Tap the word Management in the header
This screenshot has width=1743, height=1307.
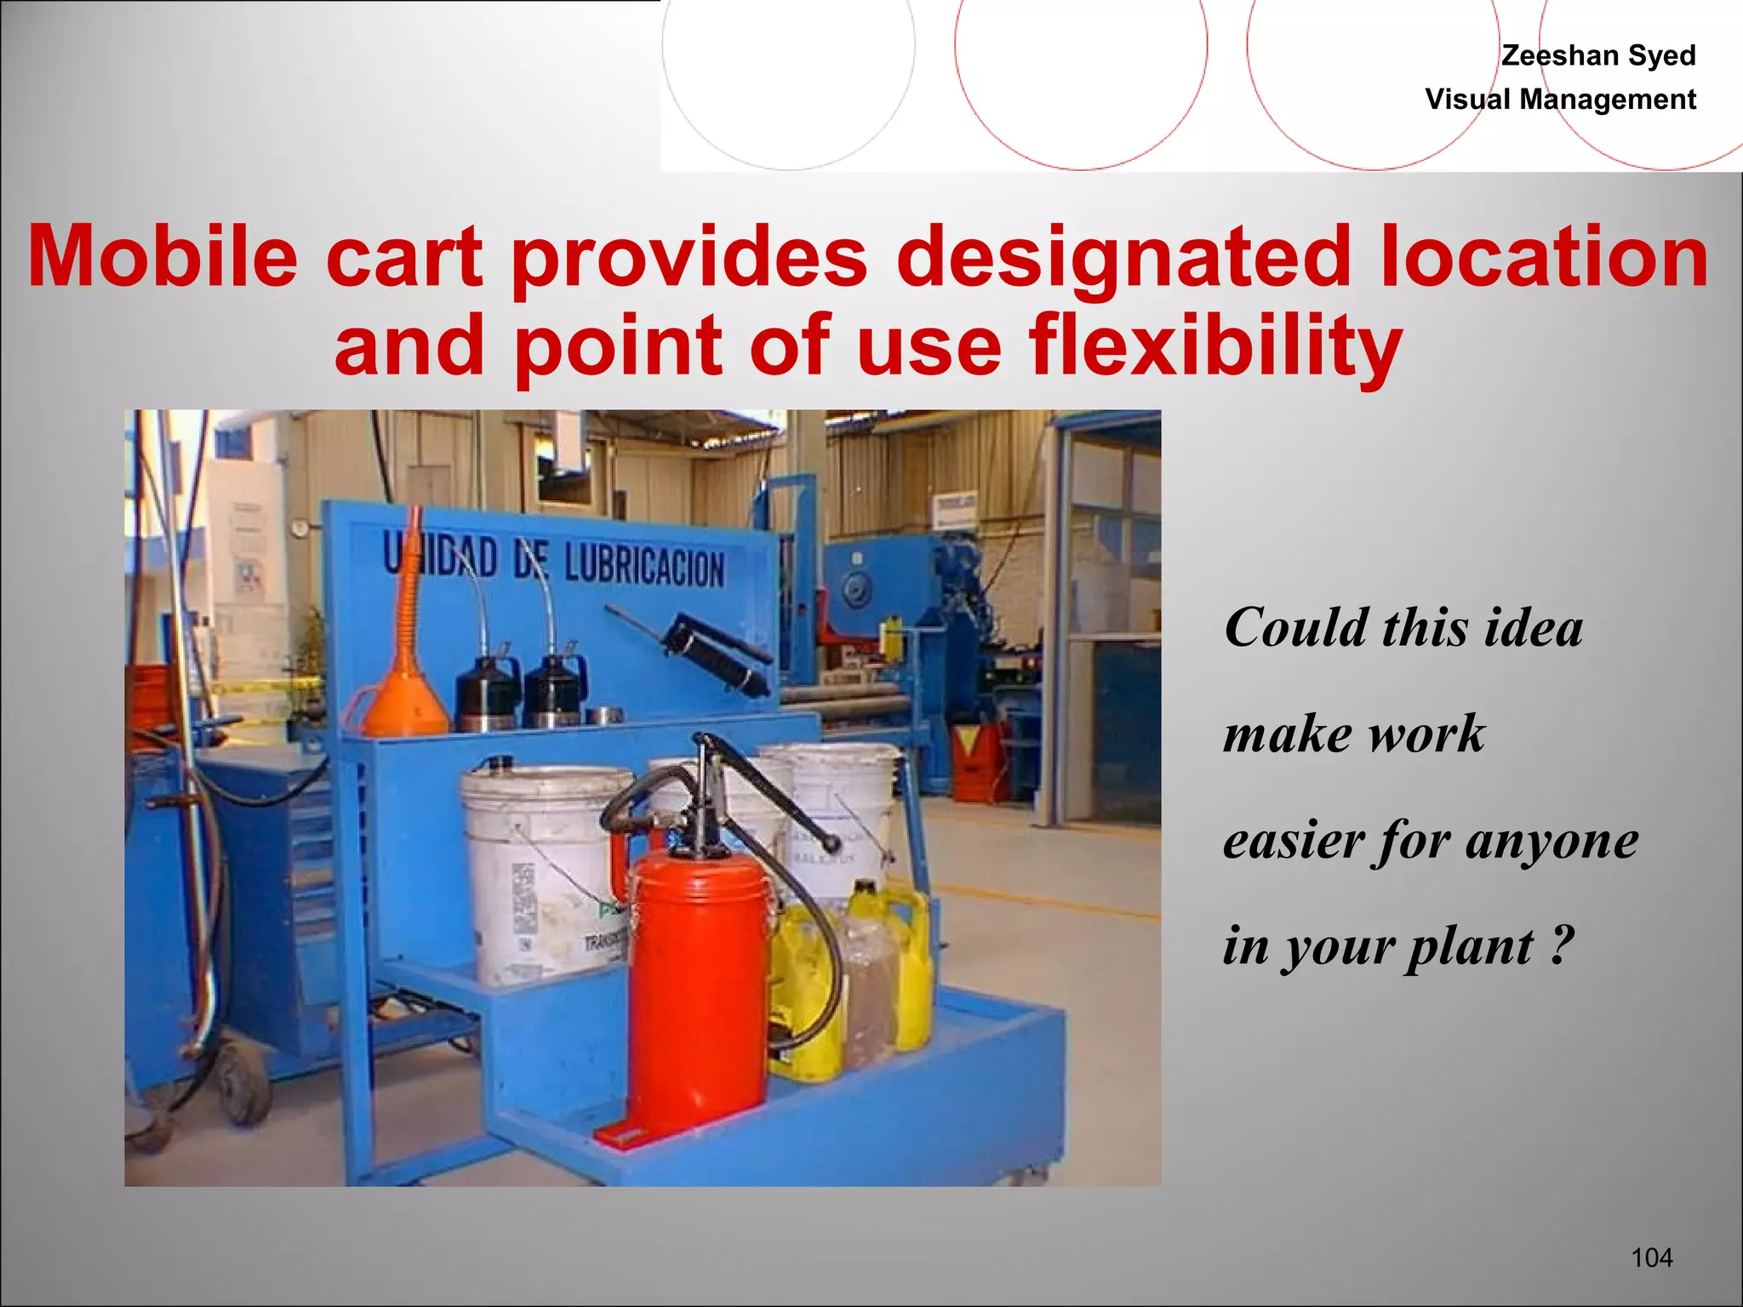tap(1608, 100)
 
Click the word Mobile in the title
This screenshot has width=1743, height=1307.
tap(162, 256)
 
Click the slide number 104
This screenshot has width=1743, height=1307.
tap(1652, 1258)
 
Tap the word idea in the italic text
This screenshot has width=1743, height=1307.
tap(1533, 628)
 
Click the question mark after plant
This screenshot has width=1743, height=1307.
tap(1561, 945)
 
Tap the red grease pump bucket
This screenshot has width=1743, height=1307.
tap(698, 979)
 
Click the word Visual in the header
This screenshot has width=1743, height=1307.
tap(1468, 100)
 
